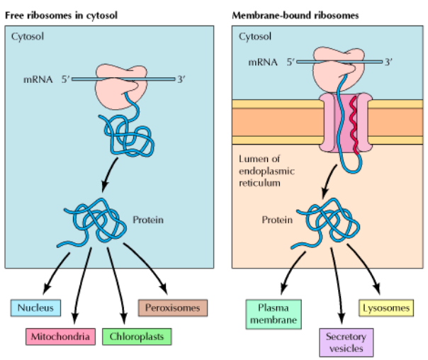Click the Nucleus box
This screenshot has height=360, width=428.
(36, 308)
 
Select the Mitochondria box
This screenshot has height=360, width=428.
(60, 337)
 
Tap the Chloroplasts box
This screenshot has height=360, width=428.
(136, 337)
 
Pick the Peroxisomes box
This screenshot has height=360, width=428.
(171, 308)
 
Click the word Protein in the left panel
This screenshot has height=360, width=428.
(147, 220)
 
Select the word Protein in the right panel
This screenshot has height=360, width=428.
(278, 220)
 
